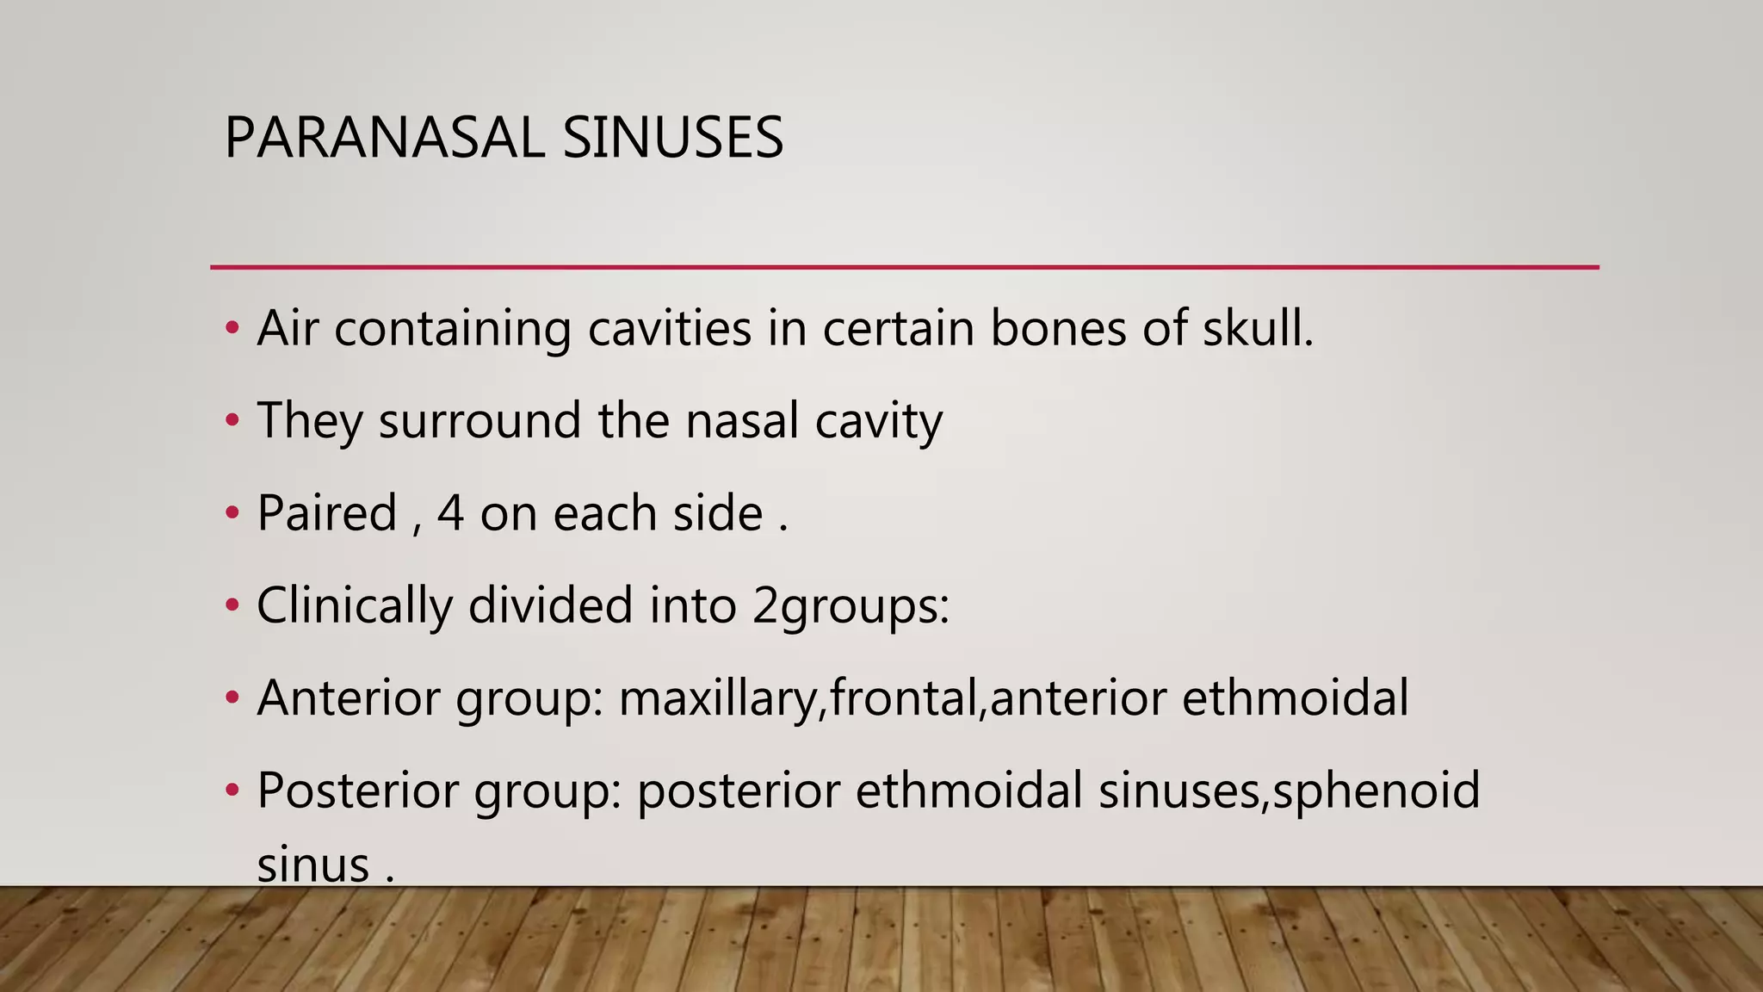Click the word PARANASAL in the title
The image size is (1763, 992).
pos(384,138)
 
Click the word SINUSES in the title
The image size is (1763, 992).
pos(672,138)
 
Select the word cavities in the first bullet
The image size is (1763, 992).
pos(670,328)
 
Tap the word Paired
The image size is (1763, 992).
pos(327,513)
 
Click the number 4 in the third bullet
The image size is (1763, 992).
pos(450,513)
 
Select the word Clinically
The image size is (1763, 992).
pos(354,605)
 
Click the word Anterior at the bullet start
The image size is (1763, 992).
pos(349,697)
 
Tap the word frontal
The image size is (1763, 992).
pos(906,697)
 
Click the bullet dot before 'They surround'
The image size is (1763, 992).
pos(231,421)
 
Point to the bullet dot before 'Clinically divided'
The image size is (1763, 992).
pos(231,606)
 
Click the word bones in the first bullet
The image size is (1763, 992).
pos(1058,328)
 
